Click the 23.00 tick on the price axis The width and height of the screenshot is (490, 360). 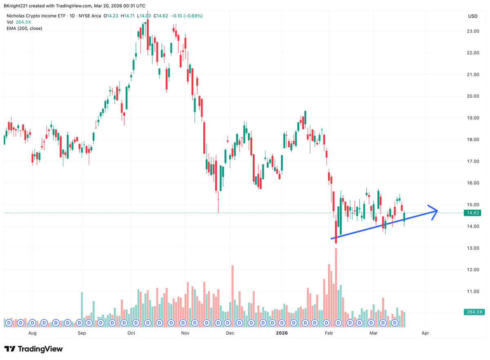coord(473,31)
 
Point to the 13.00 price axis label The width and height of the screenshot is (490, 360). coord(473,248)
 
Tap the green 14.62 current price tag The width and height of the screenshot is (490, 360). coord(473,213)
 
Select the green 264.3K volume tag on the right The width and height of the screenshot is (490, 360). coord(474,312)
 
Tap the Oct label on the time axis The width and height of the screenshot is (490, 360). coord(131,333)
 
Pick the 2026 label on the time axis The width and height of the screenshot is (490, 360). coord(282,333)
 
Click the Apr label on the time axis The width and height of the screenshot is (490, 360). coord(425,333)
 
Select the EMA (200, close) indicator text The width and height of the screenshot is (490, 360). coord(24,28)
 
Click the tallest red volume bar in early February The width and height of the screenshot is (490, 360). coord(336,286)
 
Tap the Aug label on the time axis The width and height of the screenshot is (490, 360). coord(33,333)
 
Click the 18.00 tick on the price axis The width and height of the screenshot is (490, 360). coord(473,139)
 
